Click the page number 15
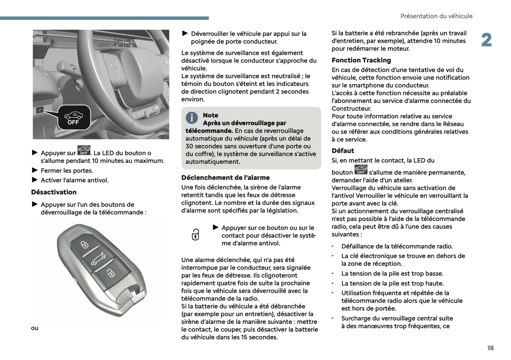point(490,348)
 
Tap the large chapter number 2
point(486,40)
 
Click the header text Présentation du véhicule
point(436,16)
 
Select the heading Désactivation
point(54,192)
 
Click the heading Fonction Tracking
point(361,60)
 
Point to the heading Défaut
point(343,151)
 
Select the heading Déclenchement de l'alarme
point(225,178)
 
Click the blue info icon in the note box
point(192,118)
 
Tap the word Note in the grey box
point(210,115)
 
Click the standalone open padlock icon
point(195,234)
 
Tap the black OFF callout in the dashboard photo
point(74,118)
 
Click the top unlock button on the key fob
point(84,244)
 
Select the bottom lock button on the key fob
point(111,273)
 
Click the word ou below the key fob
point(35,328)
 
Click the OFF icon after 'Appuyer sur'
point(84,151)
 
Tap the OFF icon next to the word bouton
point(361,170)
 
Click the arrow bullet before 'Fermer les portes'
point(35,170)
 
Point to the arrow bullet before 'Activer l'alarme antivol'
point(35,180)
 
